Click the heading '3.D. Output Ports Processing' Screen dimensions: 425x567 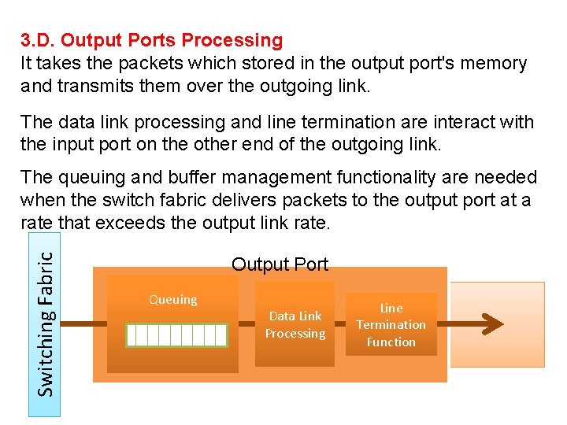[151, 40]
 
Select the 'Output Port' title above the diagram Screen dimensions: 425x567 [280, 264]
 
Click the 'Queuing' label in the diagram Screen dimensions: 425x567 [173, 299]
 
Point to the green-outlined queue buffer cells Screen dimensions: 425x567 [176, 335]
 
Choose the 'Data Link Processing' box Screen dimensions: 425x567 [295, 324]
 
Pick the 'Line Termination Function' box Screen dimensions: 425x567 [391, 324]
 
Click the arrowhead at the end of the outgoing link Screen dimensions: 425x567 [492, 323]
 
